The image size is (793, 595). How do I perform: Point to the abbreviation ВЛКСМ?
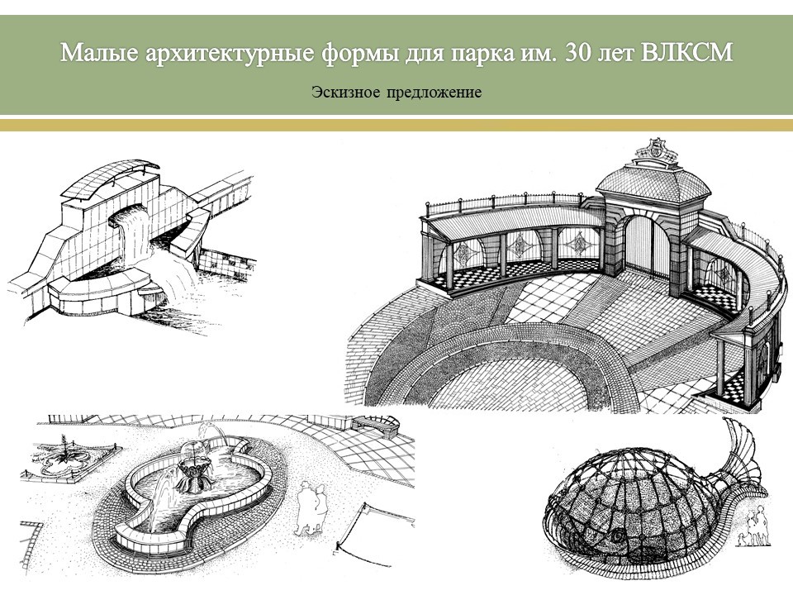coord(686,53)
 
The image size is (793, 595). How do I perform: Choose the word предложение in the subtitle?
coord(434,93)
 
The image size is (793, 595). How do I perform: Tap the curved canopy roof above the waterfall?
coord(110,178)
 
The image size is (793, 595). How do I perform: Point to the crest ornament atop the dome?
coord(655,148)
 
